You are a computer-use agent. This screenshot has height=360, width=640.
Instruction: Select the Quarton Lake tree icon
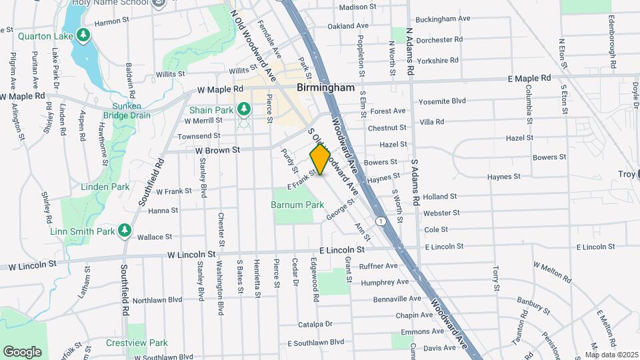83,35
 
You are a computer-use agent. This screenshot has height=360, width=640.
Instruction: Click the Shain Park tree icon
244,109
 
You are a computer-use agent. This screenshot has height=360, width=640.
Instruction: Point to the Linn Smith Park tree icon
124,231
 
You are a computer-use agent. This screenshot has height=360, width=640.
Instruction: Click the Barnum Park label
297,205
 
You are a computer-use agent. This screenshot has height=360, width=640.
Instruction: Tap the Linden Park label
105,187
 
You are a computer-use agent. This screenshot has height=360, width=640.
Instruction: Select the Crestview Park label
137,343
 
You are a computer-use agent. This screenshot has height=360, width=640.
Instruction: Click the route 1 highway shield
380,221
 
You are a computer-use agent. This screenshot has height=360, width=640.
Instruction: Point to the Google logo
22,351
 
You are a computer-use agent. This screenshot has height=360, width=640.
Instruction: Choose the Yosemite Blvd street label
441,101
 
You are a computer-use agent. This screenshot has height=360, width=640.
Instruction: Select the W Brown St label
217,151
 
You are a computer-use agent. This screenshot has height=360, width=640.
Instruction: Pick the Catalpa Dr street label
315,325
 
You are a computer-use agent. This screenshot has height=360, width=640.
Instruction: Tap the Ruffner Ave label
378,266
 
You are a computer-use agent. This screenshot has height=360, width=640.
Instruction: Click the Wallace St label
155,237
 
